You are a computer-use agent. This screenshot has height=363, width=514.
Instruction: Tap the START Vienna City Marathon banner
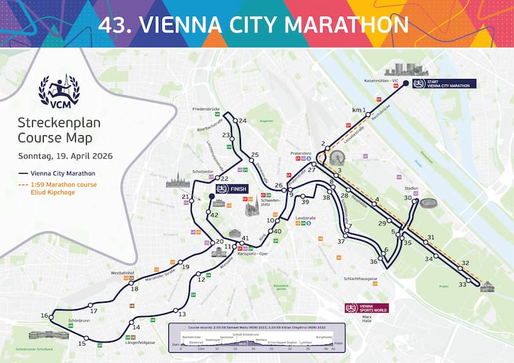click(444, 84)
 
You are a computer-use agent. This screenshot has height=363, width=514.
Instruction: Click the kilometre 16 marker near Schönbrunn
click(44, 316)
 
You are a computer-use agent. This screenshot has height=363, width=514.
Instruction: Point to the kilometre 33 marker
click(463, 284)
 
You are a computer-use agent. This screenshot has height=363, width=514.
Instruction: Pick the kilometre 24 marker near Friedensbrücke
click(243, 121)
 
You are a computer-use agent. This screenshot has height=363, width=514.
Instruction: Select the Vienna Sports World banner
click(366, 308)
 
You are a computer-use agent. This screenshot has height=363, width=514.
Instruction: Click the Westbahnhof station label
click(121, 273)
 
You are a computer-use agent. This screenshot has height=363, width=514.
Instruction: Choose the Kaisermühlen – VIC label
click(377, 81)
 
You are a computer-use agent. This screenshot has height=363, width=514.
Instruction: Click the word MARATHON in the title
click(347, 24)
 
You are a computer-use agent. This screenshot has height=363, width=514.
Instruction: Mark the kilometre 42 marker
click(214, 215)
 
